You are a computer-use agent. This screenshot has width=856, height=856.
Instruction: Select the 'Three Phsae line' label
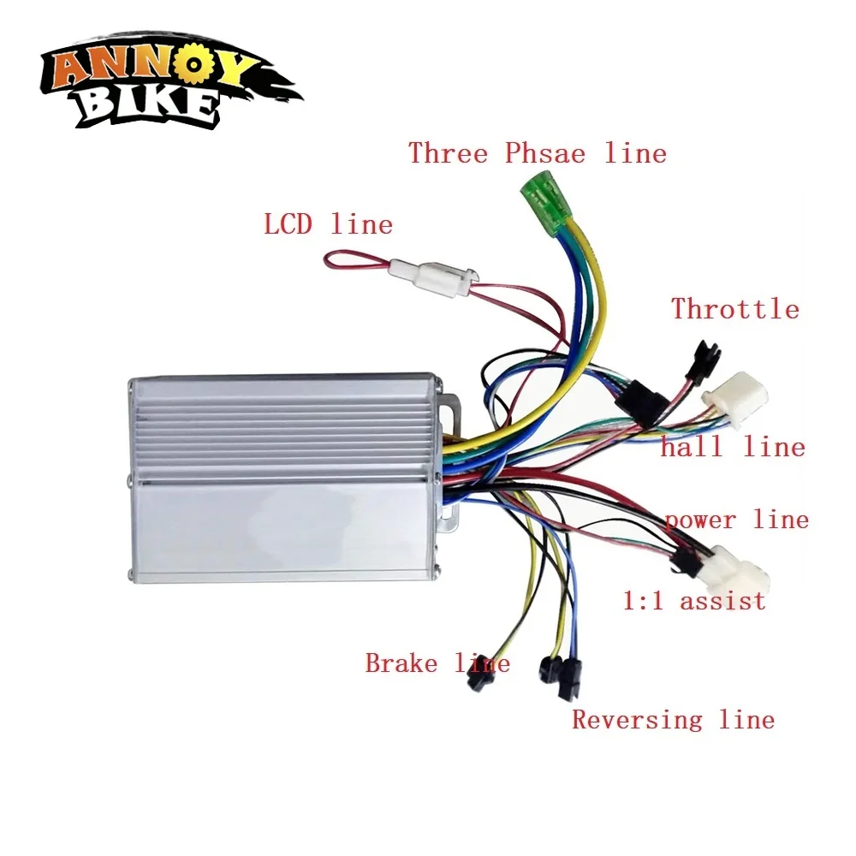[x=537, y=153]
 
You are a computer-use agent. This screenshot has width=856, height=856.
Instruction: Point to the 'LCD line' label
[x=328, y=225]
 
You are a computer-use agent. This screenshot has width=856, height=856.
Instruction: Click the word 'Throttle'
[x=734, y=308]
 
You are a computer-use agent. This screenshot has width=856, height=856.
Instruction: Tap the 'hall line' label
[x=733, y=447]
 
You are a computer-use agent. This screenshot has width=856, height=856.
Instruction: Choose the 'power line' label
[x=736, y=520]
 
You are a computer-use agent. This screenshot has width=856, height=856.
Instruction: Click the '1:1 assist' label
[x=693, y=601]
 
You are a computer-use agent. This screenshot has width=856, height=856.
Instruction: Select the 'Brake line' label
[x=437, y=663]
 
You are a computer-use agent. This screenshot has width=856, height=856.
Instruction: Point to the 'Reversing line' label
[x=673, y=719]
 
